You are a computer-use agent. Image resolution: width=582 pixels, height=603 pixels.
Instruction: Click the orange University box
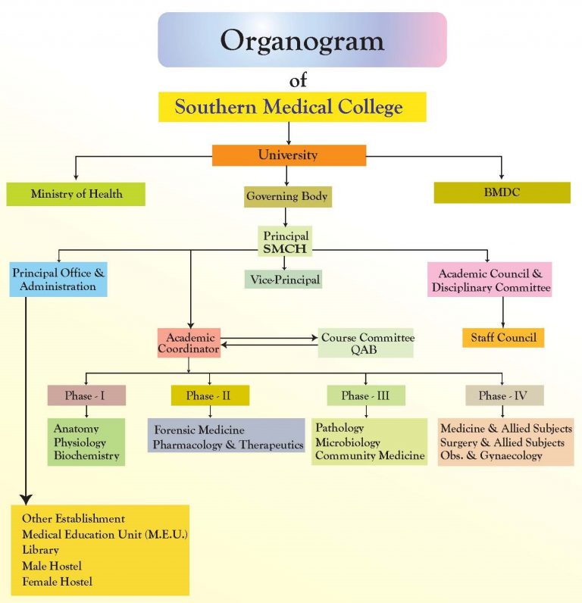(287, 155)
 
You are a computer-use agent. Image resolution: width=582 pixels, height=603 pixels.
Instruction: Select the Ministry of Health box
(76, 194)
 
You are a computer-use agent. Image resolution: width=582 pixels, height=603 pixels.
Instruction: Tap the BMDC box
(502, 192)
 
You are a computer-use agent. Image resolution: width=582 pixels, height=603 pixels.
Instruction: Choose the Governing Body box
(287, 197)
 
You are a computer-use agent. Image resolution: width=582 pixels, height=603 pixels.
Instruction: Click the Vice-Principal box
(285, 280)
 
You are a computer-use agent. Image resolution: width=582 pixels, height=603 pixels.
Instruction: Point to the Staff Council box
(503, 337)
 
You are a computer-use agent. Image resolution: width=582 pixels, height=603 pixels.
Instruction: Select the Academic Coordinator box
(189, 343)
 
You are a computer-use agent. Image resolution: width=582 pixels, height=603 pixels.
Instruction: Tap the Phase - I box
(86, 395)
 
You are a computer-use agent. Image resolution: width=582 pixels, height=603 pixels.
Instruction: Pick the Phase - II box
(210, 395)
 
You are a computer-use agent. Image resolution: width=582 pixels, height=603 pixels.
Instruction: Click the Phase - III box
(365, 395)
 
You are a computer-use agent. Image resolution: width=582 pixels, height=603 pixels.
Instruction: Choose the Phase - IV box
(503, 395)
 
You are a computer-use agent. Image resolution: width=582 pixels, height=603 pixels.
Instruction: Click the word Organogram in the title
(302, 40)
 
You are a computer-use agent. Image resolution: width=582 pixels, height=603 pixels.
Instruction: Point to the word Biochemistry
(86, 456)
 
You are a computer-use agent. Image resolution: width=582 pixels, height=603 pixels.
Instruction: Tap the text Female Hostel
(58, 582)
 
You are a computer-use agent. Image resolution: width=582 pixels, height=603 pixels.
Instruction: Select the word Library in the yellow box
(41, 550)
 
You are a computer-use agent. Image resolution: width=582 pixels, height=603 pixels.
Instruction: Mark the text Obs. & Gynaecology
(491, 456)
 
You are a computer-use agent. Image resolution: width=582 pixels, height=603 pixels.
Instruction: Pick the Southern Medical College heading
(289, 107)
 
